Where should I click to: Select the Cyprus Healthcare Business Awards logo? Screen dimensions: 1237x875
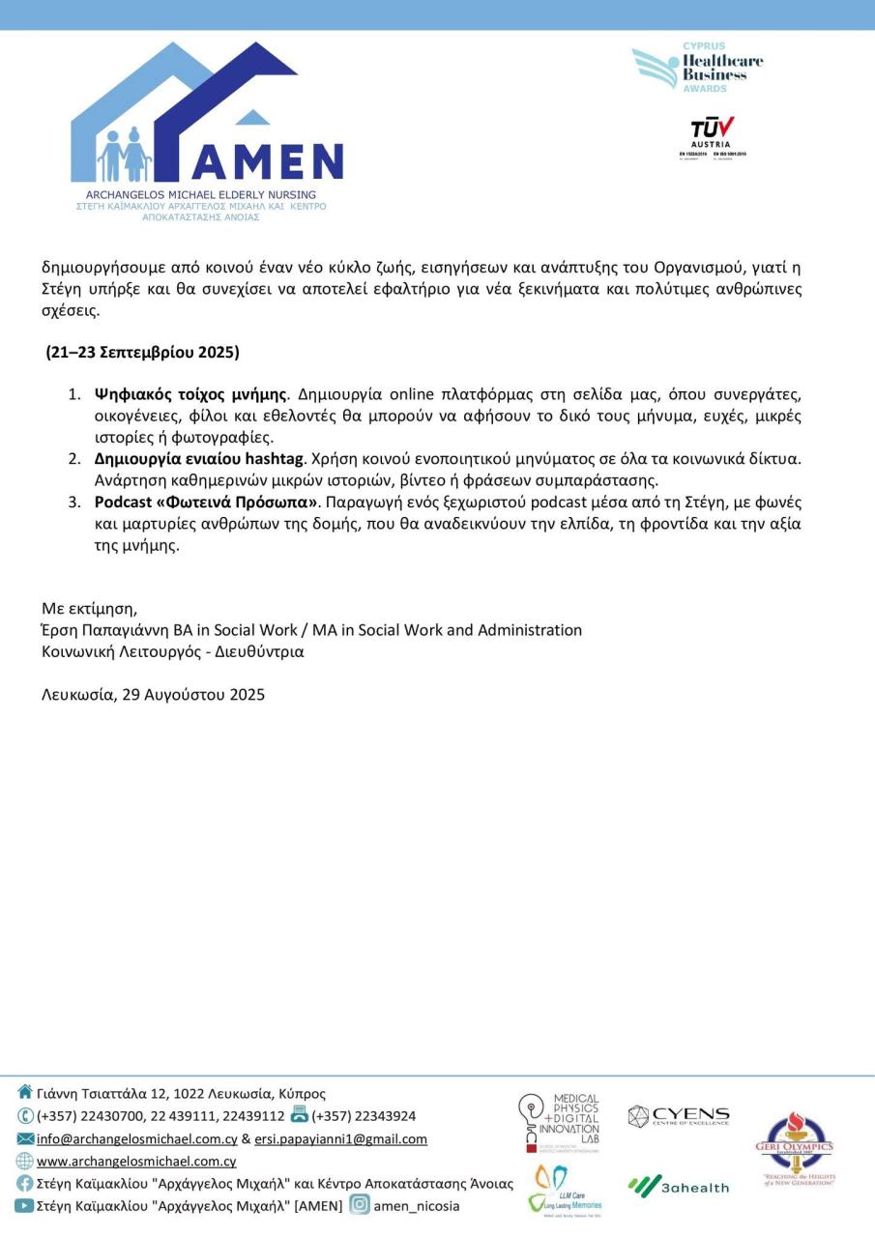click(697, 68)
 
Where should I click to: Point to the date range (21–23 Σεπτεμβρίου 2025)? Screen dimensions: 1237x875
click(143, 352)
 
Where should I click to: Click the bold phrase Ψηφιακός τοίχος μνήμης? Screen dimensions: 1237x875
click(190, 394)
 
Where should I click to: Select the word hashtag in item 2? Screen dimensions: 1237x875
click(275, 458)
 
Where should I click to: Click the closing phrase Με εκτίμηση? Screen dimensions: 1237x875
click(89, 609)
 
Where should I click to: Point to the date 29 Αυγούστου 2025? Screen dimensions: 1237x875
click(193, 694)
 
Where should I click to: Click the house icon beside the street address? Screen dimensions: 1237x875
click(25, 1093)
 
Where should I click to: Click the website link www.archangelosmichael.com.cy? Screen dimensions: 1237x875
click(136, 1161)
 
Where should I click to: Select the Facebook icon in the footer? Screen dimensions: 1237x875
click(25, 1183)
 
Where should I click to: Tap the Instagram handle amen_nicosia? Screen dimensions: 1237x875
click(417, 1205)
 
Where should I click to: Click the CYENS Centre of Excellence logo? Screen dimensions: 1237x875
click(679, 1116)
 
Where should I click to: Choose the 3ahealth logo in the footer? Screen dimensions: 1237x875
click(679, 1186)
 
